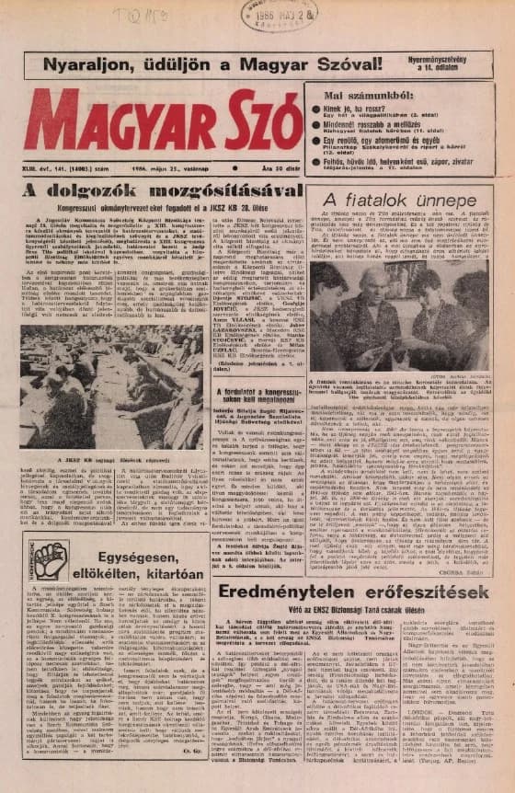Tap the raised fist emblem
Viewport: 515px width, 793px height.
click(49, 560)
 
